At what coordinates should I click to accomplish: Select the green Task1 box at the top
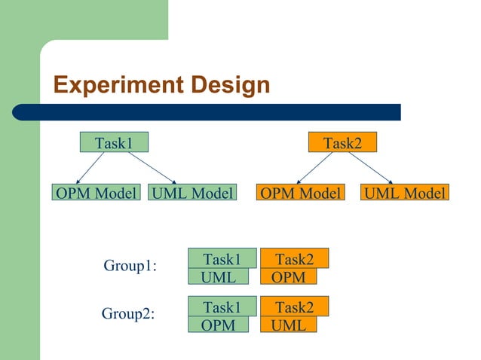[114, 142]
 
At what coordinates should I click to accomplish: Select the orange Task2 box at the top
[342, 142]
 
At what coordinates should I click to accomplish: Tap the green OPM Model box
[96, 194]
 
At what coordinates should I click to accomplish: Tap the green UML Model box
[192, 194]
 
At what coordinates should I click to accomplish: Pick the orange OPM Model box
[300, 194]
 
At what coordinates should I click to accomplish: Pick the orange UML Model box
[405, 194]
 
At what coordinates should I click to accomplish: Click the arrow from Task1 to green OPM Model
[92, 167]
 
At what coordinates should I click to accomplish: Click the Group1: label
[130, 266]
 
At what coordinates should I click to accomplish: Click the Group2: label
[128, 314]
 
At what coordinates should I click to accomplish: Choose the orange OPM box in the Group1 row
[289, 277]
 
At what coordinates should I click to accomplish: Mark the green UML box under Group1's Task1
[219, 277]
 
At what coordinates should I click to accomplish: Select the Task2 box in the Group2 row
[295, 307]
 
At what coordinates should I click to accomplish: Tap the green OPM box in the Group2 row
[219, 325]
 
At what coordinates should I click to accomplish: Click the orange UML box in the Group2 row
[289, 325]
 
